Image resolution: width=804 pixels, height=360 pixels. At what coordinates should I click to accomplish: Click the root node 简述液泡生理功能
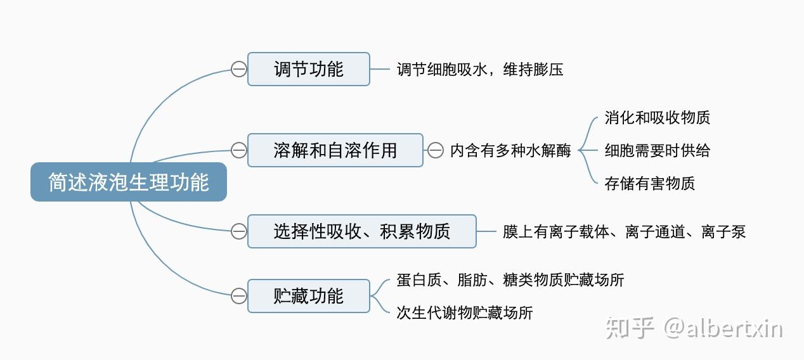129,183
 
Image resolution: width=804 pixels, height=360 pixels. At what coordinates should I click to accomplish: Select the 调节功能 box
308,69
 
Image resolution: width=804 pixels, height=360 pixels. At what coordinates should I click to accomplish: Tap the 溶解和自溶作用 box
335,150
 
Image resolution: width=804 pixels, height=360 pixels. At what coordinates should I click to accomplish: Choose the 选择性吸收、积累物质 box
361,231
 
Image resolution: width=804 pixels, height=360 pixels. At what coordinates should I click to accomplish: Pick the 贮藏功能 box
308,296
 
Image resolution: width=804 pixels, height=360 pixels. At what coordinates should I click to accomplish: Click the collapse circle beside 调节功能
238,69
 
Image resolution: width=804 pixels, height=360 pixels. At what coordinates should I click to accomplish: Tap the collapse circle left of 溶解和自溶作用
238,150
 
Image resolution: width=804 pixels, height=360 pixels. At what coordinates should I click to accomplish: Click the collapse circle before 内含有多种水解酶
436,150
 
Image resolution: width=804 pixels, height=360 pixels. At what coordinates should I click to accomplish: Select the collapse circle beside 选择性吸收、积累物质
238,231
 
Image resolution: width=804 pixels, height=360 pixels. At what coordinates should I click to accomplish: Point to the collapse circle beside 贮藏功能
238,296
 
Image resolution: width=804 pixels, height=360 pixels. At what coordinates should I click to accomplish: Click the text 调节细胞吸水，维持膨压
480,69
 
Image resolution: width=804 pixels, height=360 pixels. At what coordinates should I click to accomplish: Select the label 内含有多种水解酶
510,151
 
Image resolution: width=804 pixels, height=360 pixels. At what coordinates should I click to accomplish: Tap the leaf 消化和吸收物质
657,118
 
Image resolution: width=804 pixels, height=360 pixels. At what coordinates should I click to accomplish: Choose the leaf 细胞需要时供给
657,151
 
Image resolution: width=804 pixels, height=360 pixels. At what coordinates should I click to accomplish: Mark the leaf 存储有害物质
649,184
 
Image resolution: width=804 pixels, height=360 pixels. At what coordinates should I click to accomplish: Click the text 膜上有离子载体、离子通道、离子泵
624,232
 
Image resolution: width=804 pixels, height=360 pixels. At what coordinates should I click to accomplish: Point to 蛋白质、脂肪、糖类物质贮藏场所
510,280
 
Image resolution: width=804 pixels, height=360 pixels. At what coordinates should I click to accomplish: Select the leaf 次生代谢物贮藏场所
465,312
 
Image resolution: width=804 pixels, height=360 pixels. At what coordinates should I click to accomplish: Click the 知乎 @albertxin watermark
694,329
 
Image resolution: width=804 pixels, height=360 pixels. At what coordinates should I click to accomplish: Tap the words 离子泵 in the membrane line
723,232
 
